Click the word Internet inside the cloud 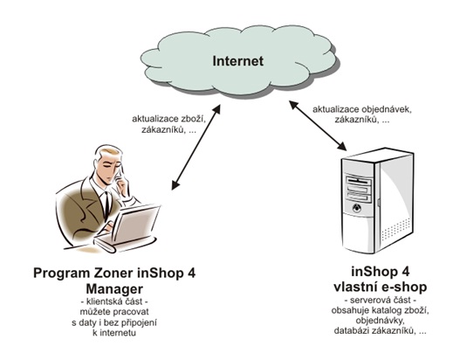click(x=238, y=61)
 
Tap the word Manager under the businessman click(x=114, y=289)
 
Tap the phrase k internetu click(x=114, y=333)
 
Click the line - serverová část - click(x=381, y=301)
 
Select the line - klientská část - click(x=114, y=301)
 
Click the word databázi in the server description click(x=352, y=330)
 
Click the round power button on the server click(x=357, y=209)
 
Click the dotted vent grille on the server click(x=396, y=228)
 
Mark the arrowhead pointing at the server click(x=342, y=146)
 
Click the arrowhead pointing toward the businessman click(x=175, y=185)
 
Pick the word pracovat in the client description click(x=131, y=312)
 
